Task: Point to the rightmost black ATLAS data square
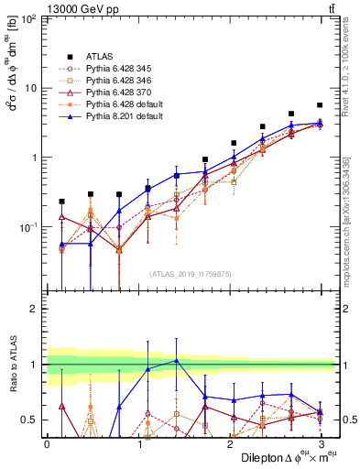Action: point(320,105)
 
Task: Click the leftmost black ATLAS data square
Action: point(61,201)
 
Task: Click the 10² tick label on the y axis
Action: point(30,19)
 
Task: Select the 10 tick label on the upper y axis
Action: point(33,88)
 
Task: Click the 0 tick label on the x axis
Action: point(47,442)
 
